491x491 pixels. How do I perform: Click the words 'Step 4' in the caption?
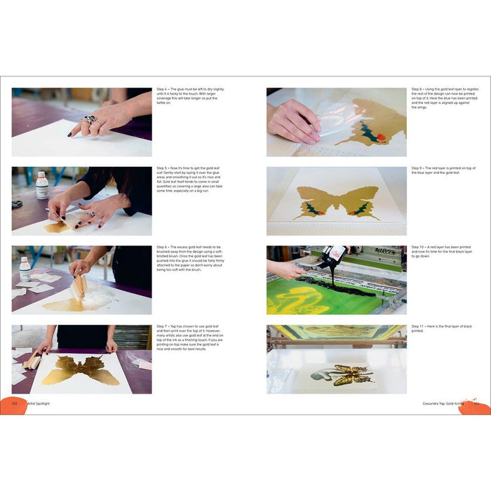162,90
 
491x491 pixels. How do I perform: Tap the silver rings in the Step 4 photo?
90,119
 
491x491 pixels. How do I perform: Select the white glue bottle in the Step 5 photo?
42,186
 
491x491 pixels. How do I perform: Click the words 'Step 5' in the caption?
162,169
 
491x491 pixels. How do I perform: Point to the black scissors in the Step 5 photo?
17,203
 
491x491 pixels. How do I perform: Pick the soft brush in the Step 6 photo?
78,285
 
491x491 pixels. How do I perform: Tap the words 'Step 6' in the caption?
162,248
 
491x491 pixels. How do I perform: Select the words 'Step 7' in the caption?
162,326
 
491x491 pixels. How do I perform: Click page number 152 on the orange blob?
15,403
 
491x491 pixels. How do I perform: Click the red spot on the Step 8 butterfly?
381,137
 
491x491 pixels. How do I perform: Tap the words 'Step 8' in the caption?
417,90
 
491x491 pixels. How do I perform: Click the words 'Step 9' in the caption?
417,169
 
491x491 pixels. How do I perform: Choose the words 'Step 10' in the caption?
418,248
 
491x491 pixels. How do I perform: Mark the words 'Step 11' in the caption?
417,326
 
